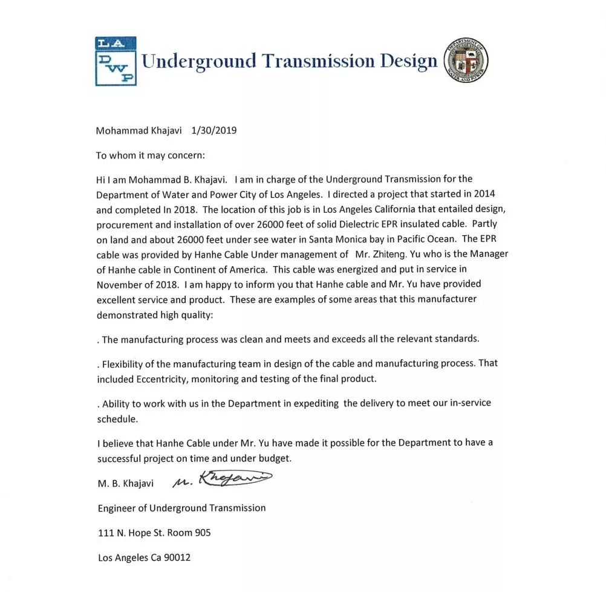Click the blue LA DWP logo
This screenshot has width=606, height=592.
(x=116, y=61)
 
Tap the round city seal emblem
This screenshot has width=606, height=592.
(x=466, y=61)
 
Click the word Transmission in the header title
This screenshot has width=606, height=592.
(x=317, y=61)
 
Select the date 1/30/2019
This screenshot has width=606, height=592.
(x=213, y=130)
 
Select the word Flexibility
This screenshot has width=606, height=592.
(x=125, y=363)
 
